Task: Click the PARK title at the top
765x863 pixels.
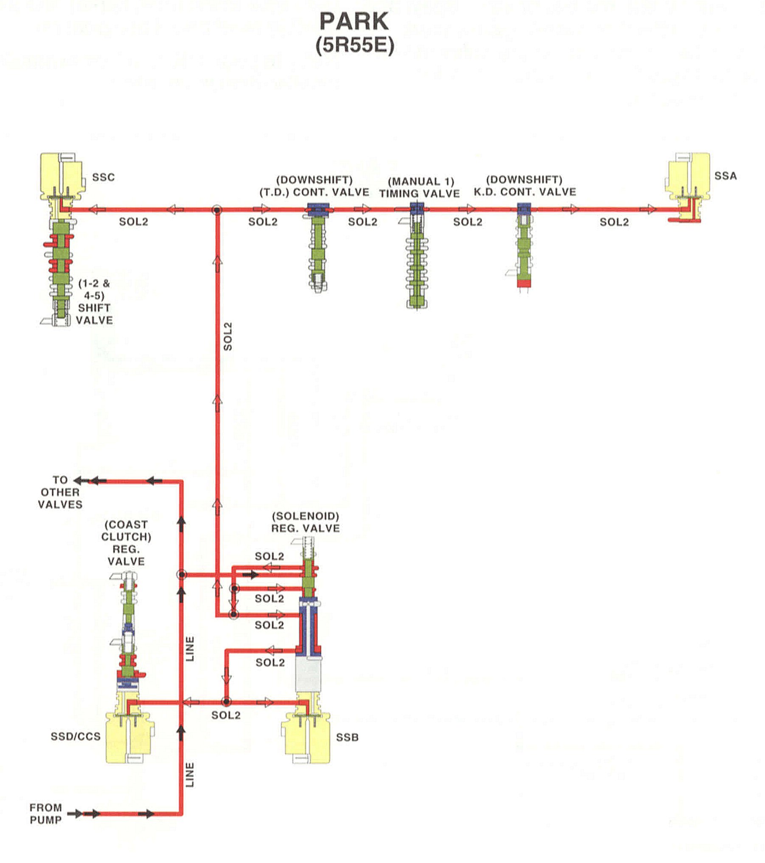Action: (354, 21)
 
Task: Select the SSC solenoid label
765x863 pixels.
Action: (103, 177)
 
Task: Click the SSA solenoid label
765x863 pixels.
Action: (725, 176)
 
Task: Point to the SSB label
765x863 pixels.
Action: (347, 737)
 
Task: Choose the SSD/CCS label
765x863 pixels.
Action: (76, 736)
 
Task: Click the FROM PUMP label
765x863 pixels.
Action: (45, 814)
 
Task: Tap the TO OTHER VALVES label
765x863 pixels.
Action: (60, 492)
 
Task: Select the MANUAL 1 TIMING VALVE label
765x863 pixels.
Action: (419, 187)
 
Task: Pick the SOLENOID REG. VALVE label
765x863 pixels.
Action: (306, 522)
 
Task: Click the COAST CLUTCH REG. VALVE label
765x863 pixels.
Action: (126, 542)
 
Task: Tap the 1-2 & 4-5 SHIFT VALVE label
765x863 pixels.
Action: (94, 301)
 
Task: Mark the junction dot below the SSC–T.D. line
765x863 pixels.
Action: (217, 210)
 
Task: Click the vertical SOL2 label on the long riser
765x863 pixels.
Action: (228, 336)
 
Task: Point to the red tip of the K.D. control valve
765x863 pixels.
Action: (524, 283)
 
